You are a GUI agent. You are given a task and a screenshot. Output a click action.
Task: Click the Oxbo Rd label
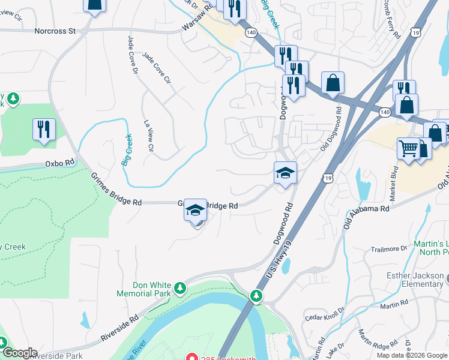(x=59, y=163)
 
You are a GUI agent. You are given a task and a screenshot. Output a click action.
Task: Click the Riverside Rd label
(x=121, y=328)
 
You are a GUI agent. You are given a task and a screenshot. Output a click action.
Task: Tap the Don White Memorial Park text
(x=143, y=290)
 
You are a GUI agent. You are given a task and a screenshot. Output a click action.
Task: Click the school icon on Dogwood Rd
(x=285, y=173)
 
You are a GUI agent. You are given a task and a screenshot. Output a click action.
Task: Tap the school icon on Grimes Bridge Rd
(x=195, y=211)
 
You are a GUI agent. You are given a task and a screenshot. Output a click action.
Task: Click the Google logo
(x=20, y=353)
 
